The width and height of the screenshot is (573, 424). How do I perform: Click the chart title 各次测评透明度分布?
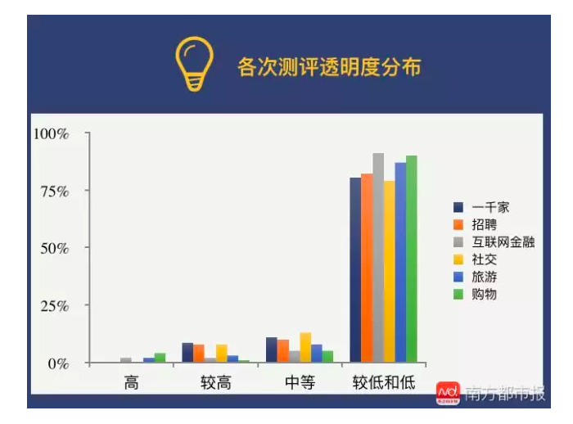(x=329, y=67)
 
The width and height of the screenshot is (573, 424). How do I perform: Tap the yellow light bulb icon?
(x=194, y=63)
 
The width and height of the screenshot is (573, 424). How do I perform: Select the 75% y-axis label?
(x=55, y=192)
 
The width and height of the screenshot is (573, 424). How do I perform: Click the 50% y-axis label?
(x=55, y=249)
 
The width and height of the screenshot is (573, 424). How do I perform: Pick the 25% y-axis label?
(x=55, y=306)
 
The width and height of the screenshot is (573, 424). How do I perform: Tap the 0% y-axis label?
(x=58, y=363)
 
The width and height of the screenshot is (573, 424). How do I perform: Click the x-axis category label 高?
(x=131, y=383)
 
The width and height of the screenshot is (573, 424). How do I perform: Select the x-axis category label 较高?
(x=215, y=383)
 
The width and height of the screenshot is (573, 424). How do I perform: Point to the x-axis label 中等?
(x=300, y=383)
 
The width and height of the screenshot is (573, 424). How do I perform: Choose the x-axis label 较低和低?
(x=384, y=383)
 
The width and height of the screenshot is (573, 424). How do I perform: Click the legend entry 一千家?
(x=481, y=207)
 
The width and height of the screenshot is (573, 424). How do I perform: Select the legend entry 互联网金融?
(x=494, y=242)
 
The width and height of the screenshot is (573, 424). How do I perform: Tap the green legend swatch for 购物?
(x=458, y=294)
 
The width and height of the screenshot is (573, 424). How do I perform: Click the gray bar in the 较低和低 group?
(x=378, y=258)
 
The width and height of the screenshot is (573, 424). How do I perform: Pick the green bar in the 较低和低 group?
(x=412, y=259)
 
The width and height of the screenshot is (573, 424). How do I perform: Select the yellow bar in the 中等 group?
(x=305, y=347)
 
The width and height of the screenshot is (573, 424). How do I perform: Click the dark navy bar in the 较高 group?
(x=187, y=352)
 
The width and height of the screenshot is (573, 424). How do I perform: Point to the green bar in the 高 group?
(x=160, y=358)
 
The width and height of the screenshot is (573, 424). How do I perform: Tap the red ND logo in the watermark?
(x=448, y=393)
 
